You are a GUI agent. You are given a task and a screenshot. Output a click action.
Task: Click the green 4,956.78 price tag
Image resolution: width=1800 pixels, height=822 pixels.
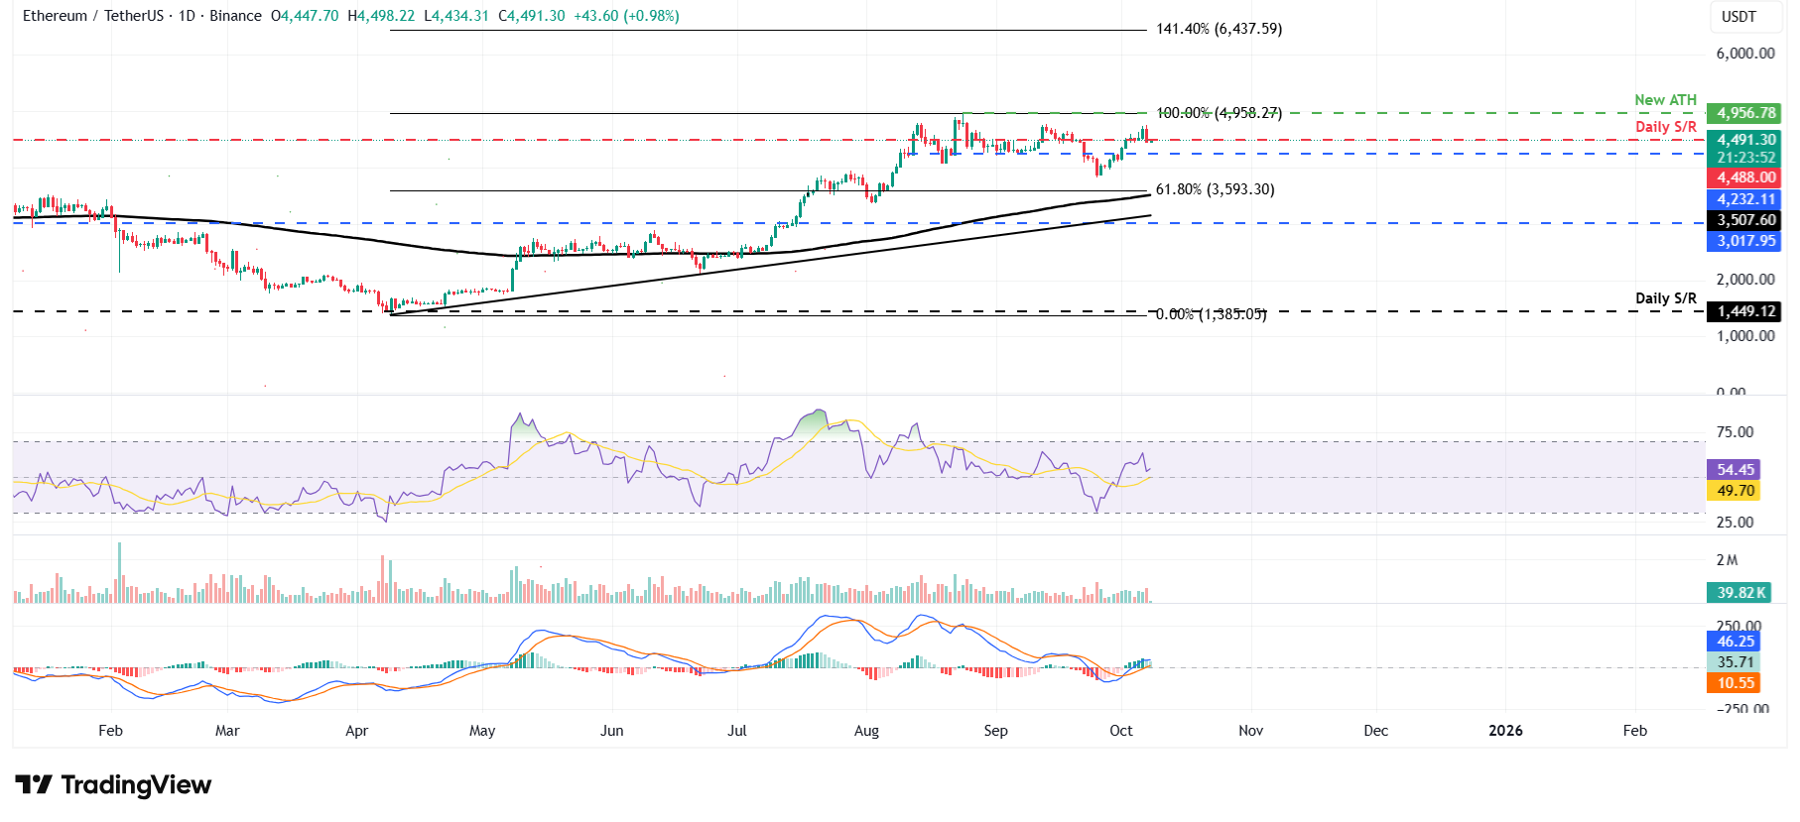1745,113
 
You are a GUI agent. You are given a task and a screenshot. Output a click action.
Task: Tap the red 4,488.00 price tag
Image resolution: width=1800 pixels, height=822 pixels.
1745,177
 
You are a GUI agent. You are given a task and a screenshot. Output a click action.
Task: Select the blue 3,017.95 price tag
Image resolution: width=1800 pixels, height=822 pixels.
1745,241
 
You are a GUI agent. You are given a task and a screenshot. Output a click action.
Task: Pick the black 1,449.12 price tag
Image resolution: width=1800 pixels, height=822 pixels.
1745,311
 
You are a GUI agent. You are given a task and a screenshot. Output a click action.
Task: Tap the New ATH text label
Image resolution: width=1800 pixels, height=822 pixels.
1665,100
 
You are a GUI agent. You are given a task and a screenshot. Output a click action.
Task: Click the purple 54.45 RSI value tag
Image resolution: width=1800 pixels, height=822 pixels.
1735,470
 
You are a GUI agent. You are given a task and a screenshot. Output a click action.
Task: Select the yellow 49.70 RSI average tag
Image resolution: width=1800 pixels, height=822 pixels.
1735,491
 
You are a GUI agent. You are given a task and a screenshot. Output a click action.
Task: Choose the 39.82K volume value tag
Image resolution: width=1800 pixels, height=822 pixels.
1741,593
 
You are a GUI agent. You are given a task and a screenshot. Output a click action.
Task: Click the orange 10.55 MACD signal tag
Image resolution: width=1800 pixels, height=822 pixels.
1735,683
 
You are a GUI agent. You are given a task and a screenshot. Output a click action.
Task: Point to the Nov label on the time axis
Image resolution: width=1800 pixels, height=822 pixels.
1250,731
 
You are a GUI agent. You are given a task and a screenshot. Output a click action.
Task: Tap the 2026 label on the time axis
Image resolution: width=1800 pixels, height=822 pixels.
1505,731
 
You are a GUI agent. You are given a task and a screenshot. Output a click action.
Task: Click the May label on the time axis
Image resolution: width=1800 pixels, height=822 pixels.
482,731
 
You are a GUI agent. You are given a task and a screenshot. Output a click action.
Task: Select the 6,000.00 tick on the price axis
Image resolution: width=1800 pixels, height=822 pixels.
1744,54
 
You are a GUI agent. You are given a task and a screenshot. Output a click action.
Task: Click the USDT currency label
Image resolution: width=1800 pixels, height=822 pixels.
1738,17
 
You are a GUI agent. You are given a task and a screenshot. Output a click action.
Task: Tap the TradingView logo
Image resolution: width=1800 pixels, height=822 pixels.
113,785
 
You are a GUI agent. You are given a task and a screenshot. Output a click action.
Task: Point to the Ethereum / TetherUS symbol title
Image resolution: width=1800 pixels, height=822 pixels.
94,16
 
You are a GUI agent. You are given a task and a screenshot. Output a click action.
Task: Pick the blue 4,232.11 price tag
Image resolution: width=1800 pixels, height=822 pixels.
1745,199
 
